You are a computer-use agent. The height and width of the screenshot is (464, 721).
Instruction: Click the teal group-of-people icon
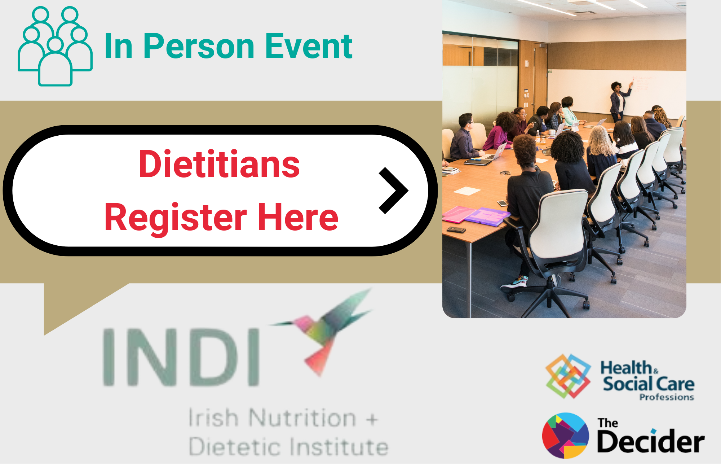pos(55,46)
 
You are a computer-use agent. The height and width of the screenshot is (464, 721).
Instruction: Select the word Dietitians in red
pos(219,164)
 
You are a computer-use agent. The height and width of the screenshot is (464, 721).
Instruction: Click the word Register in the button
pos(176,217)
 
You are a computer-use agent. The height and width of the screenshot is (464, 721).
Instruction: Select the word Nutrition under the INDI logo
pos(302,418)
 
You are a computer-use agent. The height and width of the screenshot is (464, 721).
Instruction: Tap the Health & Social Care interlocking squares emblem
pos(568,376)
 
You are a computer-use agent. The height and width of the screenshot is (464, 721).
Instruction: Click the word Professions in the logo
pos(667,397)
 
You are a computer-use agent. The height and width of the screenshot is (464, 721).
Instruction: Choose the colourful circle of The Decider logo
pos(565,435)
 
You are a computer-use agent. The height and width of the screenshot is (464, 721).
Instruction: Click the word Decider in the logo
pos(651,441)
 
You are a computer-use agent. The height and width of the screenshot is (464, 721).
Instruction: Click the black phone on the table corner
pos(456,229)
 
